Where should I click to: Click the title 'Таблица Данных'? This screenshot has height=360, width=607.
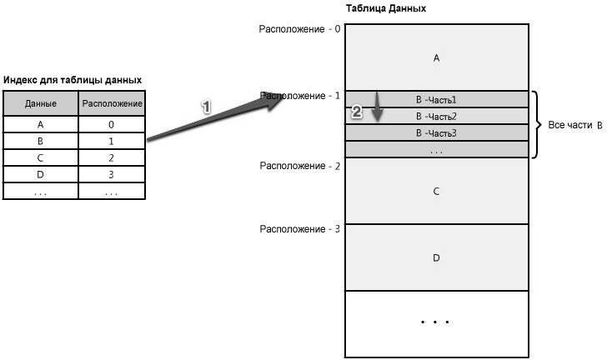385,8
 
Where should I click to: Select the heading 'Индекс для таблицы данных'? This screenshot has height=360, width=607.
73,80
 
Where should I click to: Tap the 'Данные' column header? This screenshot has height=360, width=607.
41,103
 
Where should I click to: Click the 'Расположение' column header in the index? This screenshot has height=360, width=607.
112,103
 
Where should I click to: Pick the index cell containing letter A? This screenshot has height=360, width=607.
41,125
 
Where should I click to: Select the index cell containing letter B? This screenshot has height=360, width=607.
41,142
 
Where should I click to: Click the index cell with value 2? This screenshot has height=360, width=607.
112,158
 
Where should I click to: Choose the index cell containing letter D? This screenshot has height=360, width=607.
41,174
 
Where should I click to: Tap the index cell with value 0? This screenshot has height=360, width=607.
112,125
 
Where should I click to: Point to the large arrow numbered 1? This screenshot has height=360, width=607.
216,117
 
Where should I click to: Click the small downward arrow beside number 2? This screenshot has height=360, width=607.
377,107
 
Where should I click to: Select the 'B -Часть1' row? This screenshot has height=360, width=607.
437,99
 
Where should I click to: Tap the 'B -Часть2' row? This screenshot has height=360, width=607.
437,116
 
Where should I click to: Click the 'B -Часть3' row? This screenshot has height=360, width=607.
437,133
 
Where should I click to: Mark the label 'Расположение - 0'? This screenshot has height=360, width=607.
299,29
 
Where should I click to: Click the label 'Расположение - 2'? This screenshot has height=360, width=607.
299,166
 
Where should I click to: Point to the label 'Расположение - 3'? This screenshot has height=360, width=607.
299,229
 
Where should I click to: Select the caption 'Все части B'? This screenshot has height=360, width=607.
575,125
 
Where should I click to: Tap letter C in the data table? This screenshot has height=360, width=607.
436,191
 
